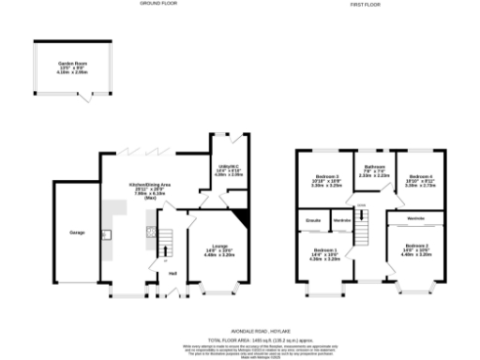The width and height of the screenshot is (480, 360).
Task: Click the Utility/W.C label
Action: (229, 165)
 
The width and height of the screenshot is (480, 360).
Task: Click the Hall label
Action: (172, 274)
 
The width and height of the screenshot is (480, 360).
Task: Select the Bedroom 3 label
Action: (323, 176)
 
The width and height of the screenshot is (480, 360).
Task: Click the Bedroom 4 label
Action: (415, 176)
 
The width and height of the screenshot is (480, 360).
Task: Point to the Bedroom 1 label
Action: (323, 250)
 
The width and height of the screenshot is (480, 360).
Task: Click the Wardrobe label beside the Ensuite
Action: (342, 221)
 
